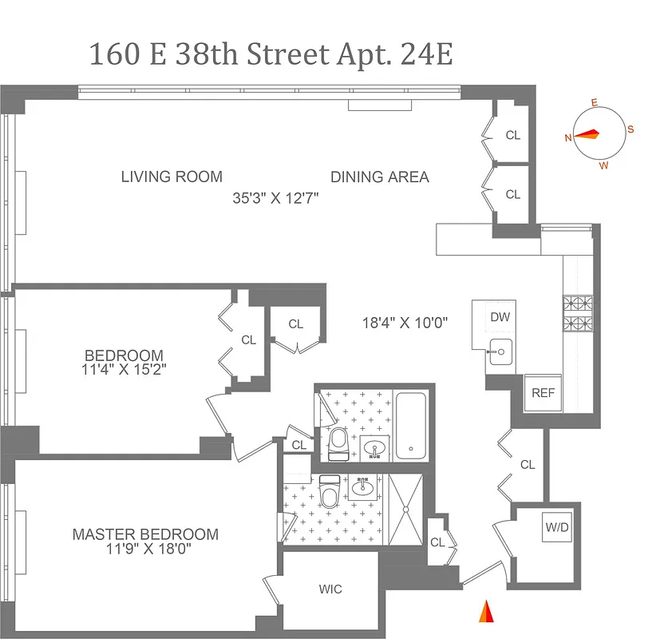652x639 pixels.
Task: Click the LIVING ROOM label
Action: [172, 177]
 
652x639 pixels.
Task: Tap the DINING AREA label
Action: [380, 177]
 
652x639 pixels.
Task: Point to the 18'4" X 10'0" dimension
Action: [405, 323]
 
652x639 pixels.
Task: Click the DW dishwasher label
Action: [500, 317]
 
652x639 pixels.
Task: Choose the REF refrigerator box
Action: [543, 394]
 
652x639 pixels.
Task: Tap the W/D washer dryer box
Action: [556, 528]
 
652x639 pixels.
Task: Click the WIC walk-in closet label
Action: [330, 589]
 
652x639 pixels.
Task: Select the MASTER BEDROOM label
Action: [145, 534]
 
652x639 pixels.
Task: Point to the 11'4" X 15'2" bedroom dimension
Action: [124, 369]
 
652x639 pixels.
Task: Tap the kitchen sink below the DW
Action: [502, 351]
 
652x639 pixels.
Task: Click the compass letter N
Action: [568, 137]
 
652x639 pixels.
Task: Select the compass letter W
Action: [603, 165]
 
